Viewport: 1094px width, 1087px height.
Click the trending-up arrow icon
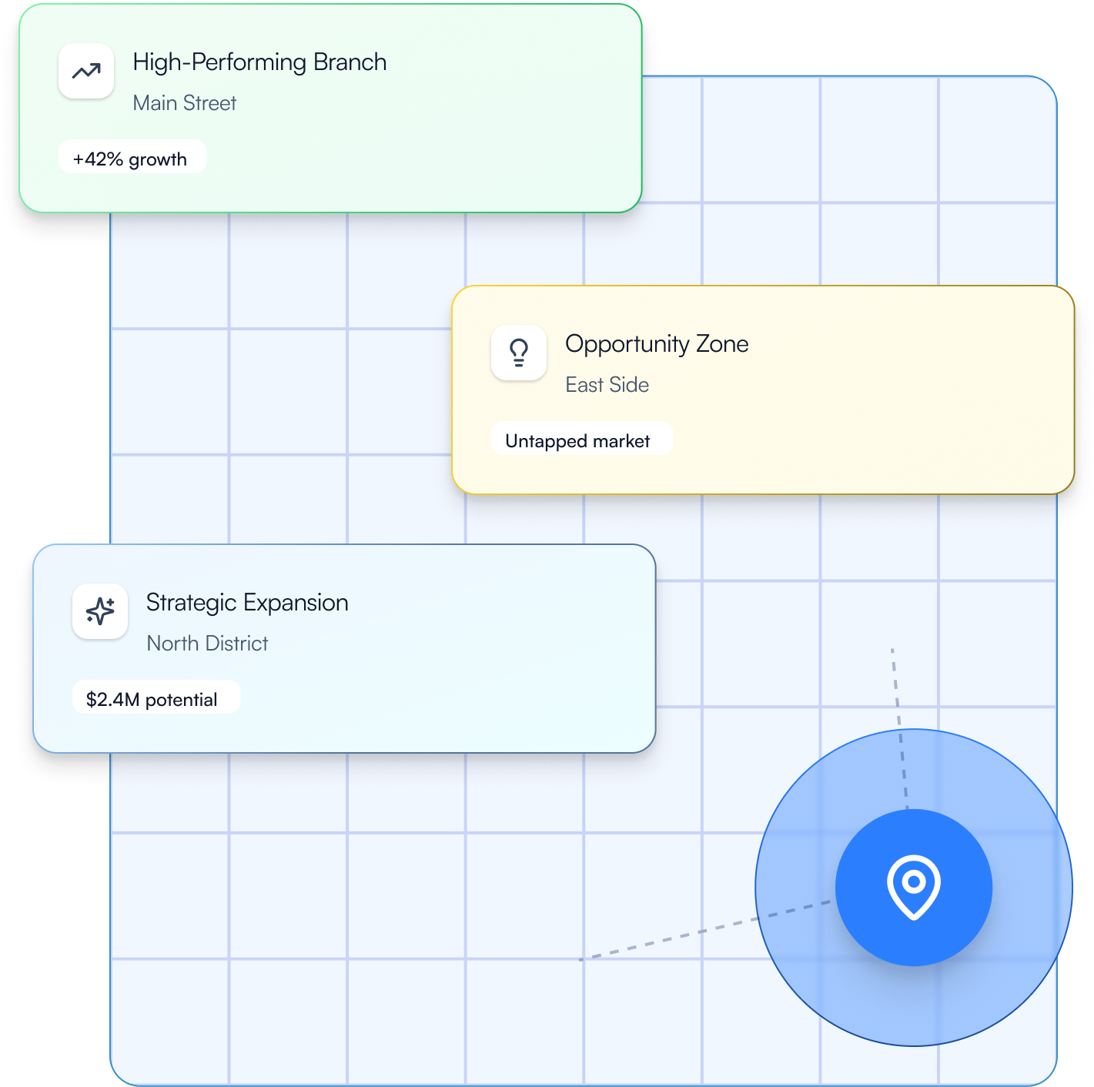[86, 71]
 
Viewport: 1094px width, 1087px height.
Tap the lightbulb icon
[519, 353]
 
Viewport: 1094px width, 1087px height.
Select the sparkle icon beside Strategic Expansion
[100, 611]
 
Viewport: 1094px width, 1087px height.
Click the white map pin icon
[914, 886]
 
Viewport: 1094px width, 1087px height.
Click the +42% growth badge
[132, 158]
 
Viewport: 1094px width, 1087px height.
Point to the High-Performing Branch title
[259, 62]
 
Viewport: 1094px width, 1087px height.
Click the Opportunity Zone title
[657, 344]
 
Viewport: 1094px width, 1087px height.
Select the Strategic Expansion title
[247, 603]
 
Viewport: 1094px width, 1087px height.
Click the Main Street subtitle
[185, 103]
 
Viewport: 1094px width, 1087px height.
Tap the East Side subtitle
[607, 385]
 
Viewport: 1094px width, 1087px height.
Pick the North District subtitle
[207, 644]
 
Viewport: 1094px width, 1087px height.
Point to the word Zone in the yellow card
[722, 344]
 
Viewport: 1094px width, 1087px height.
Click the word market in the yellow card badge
[621, 441]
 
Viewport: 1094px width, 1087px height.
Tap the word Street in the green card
[209, 103]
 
